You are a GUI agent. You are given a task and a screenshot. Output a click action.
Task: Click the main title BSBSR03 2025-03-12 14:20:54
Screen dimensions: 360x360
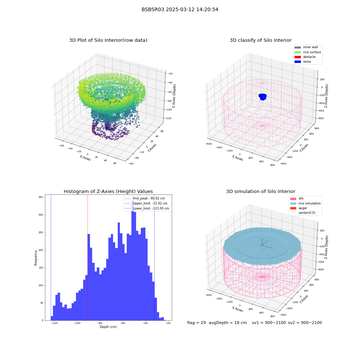click(x=180, y=9)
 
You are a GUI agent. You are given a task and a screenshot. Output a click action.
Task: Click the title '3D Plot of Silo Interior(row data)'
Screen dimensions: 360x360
click(x=108, y=40)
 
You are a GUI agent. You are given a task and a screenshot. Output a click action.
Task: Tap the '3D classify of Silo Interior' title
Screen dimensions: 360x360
click(x=261, y=40)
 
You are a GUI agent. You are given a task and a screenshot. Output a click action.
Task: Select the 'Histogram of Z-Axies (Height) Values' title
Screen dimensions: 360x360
click(x=108, y=191)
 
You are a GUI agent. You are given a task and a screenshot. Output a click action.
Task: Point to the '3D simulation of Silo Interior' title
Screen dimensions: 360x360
click(x=261, y=191)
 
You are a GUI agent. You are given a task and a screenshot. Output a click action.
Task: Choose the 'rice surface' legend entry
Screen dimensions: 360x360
click(x=308, y=52)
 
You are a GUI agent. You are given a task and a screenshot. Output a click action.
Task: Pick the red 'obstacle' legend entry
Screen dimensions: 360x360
click(x=305, y=57)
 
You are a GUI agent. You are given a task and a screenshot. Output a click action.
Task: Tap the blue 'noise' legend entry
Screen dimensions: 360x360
click(x=303, y=62)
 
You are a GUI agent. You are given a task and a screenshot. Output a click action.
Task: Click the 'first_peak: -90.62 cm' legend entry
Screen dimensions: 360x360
click(x=145, y=198)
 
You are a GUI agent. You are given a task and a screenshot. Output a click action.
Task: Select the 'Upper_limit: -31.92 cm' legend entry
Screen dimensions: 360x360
click(x=146, y=203)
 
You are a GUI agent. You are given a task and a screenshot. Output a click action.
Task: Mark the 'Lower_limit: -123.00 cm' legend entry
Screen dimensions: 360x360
click(x=147, y=208)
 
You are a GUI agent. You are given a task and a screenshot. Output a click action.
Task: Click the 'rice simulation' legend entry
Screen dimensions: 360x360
click(x=306, y=203)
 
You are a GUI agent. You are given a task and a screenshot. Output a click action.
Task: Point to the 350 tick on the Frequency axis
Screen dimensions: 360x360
click(x=41, y=197)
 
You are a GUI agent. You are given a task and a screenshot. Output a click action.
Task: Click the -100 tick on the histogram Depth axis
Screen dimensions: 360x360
click(x=77, y=323)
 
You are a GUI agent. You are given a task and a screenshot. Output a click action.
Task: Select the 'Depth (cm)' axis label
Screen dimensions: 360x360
click(x=108, y=327)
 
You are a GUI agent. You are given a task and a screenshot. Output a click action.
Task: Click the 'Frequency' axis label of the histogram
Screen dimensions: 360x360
click(x=36, y=258)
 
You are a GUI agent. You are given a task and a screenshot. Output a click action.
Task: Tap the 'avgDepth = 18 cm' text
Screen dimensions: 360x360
click(x=228, y=323)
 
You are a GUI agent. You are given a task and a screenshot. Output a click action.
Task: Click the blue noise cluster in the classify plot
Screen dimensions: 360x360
click(x=263, y=97)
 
